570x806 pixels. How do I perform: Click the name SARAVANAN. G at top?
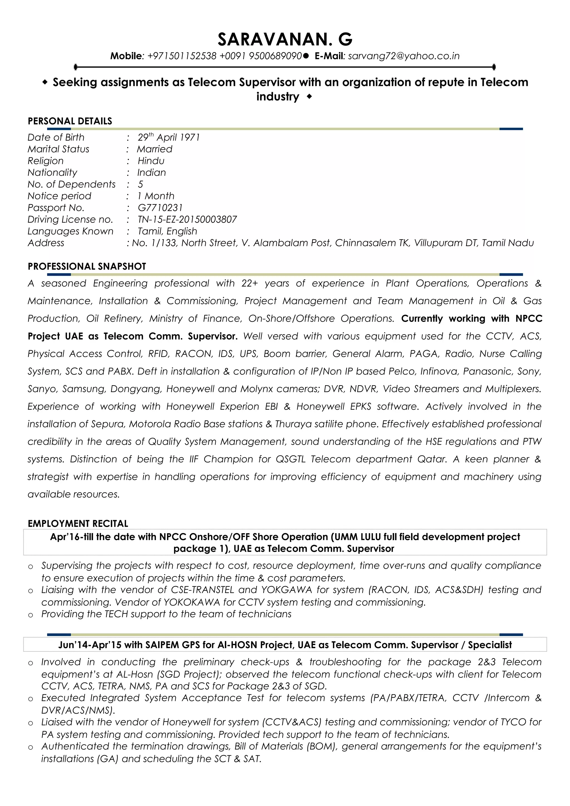[x=285, y=39]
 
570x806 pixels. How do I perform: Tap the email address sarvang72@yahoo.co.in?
[x=404, y=56]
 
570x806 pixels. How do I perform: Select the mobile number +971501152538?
[x=181, y=56]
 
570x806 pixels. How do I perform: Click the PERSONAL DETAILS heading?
[x=70, y=121]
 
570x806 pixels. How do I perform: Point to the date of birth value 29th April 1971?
[x=169, y=137]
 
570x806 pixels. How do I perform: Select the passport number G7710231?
[x=160, y=208]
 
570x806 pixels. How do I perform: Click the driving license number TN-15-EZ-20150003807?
[x=187, y=219]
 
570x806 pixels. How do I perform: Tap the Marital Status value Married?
[x=154, y=149]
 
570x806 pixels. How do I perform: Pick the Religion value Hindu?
[x=151, y=161]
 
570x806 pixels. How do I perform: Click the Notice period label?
[x=59, y=196]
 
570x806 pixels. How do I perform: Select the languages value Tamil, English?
[x=167, y=231]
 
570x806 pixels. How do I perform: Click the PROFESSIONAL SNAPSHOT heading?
[x=87, y=266]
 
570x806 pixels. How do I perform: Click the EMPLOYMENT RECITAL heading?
[x=78, y=524]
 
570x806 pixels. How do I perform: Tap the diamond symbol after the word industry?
[x=309, y=97]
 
